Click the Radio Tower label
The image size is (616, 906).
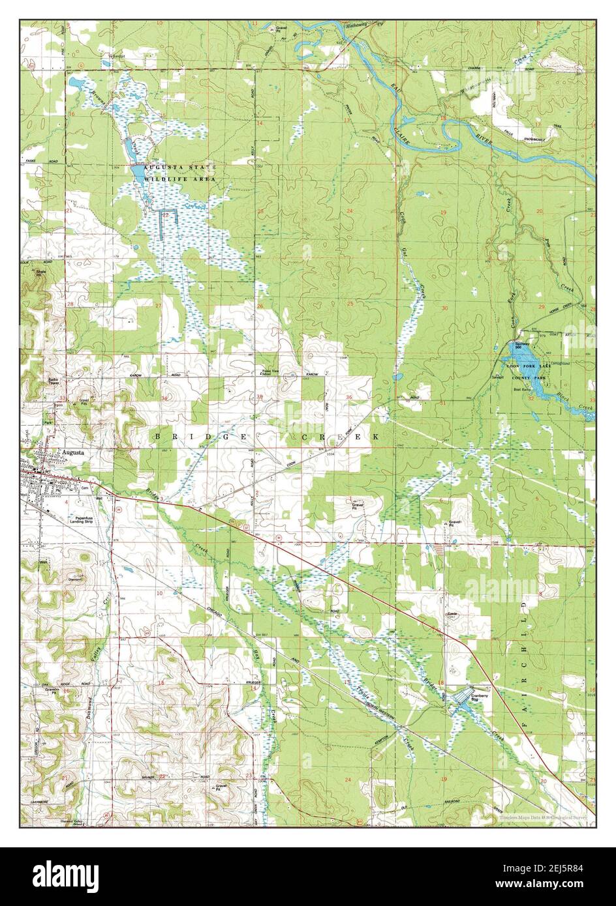tap(54, 381)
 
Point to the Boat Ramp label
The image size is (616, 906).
tap(522, 390)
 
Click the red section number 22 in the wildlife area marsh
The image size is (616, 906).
tap(166, 214)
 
